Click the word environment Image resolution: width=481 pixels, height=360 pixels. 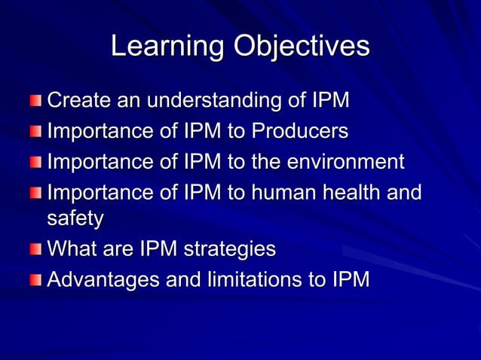[x=342, y=162]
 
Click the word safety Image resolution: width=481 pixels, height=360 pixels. [x=75, y=219]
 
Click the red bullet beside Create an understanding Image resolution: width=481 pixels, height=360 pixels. [x=37, y=101]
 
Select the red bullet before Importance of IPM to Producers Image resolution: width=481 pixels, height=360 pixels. [x=37, y=133]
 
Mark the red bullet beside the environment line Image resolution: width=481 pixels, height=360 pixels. [x=37, y=163]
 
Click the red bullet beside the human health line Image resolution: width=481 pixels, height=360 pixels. [x=37, y=194]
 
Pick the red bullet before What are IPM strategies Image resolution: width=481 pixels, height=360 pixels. [x=37, y=249]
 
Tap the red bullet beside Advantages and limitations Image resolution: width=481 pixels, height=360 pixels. [x=37, y=280]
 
